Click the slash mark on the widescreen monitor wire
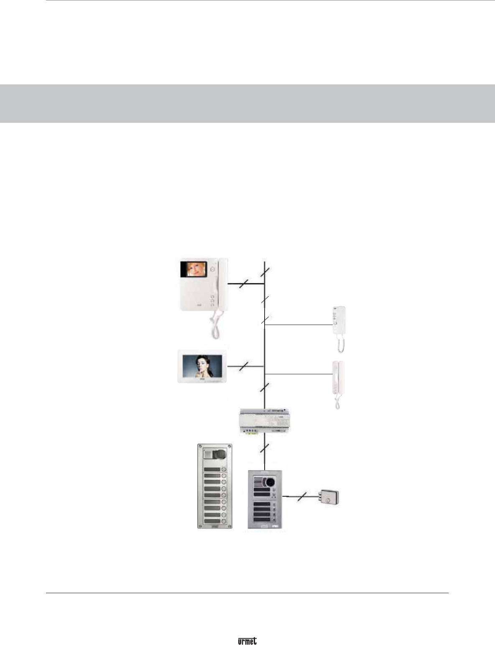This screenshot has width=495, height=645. [x=245, y=366]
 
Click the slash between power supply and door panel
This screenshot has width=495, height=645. [x=264, y=449]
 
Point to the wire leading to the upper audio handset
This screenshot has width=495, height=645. [x=299, y=325]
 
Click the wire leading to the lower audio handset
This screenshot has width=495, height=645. [x=299, y=373]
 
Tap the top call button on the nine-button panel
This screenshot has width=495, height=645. [x=224, y=469]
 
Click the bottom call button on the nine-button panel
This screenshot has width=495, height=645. [x=224, y=522]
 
